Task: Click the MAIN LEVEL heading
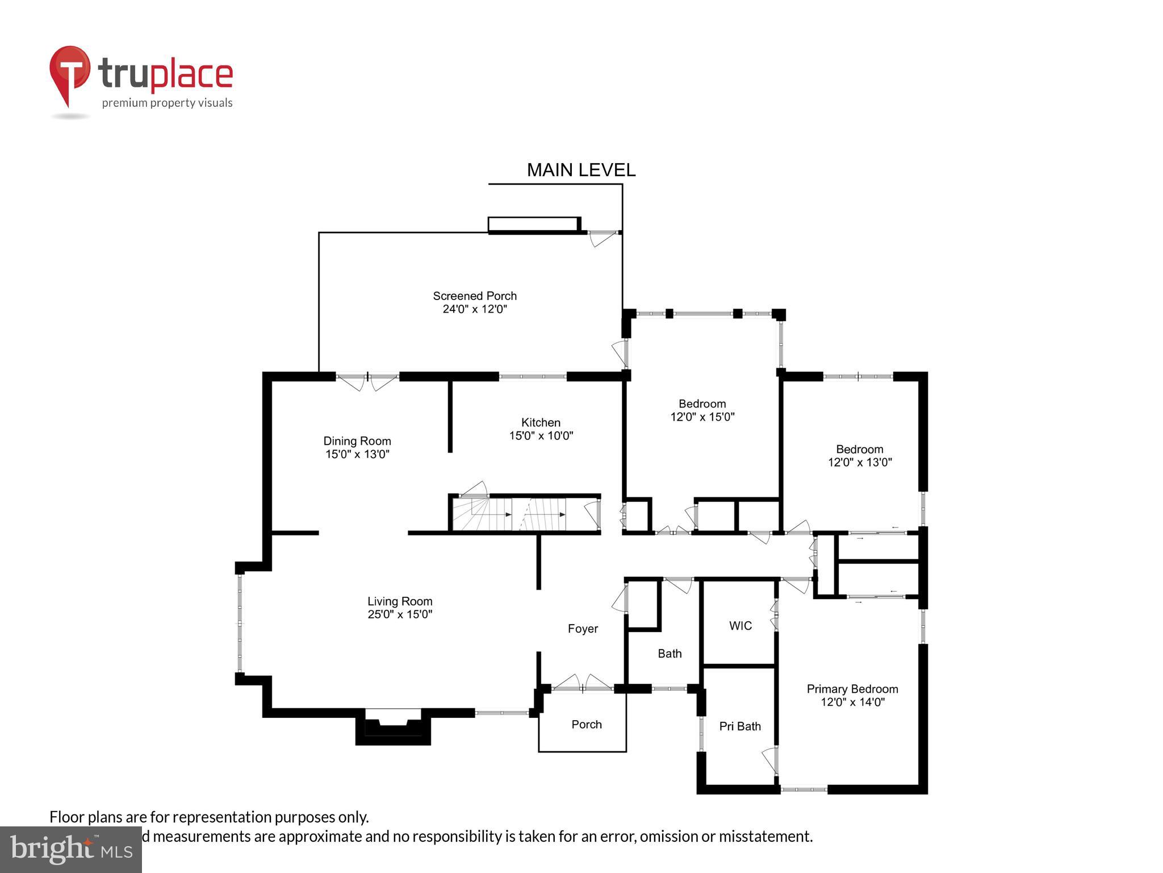581,170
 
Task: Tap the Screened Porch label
475,296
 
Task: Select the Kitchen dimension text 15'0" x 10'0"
541,436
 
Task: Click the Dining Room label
357,441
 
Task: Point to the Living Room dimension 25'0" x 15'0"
400,614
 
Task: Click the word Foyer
583,629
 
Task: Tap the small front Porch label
586,725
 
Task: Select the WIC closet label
740,626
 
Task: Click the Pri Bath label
739,726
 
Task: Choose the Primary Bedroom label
852,689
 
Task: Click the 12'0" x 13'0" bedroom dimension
860,463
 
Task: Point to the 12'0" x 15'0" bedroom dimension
702,417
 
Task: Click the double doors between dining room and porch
367,380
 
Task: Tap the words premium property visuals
167,103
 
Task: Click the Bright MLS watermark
70,849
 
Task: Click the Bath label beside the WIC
670,654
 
